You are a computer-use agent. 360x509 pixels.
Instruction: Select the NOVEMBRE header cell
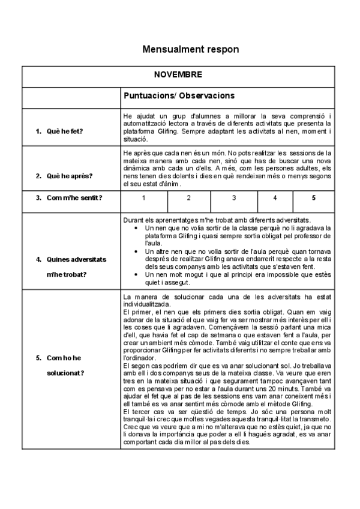click(x=178, y=75)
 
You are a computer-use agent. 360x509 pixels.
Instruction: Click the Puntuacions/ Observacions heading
click(x=179, y=95)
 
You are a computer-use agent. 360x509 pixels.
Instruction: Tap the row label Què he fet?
click(x=65, y=130)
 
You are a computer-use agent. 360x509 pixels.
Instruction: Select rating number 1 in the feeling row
click(x=143, y=197)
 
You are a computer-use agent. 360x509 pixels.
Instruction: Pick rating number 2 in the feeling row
click(x=188, y=197)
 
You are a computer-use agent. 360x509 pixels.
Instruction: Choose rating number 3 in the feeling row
click(x=234, y=197)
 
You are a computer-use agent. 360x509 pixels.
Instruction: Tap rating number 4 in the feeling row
click(x=275, y=197)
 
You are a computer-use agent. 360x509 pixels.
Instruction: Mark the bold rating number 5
click(x=313, y=197)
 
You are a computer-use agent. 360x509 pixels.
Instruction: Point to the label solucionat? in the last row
click(x=65, y=373)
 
